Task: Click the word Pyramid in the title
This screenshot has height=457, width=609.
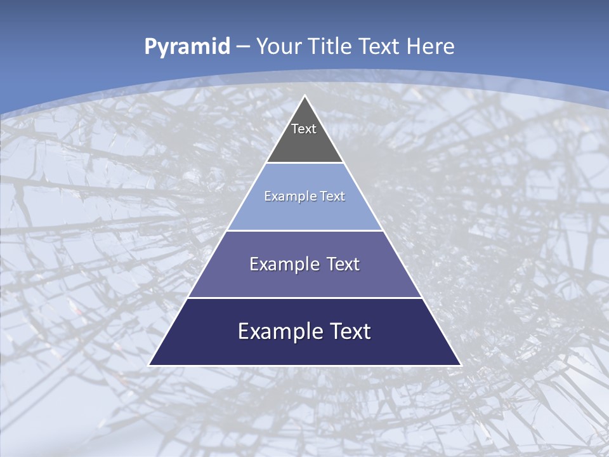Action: click(187, 47)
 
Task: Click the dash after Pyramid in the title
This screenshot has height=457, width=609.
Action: click(243, 47)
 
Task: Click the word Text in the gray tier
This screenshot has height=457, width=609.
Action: click(304, 129)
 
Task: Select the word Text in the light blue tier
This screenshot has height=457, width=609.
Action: click(333, 196)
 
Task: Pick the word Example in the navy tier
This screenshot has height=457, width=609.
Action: click(281, 331)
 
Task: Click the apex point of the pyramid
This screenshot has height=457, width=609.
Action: click(305, 96)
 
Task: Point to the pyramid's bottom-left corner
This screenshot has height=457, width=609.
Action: click(150, 364)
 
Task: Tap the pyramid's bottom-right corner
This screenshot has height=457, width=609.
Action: click(460, 364)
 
